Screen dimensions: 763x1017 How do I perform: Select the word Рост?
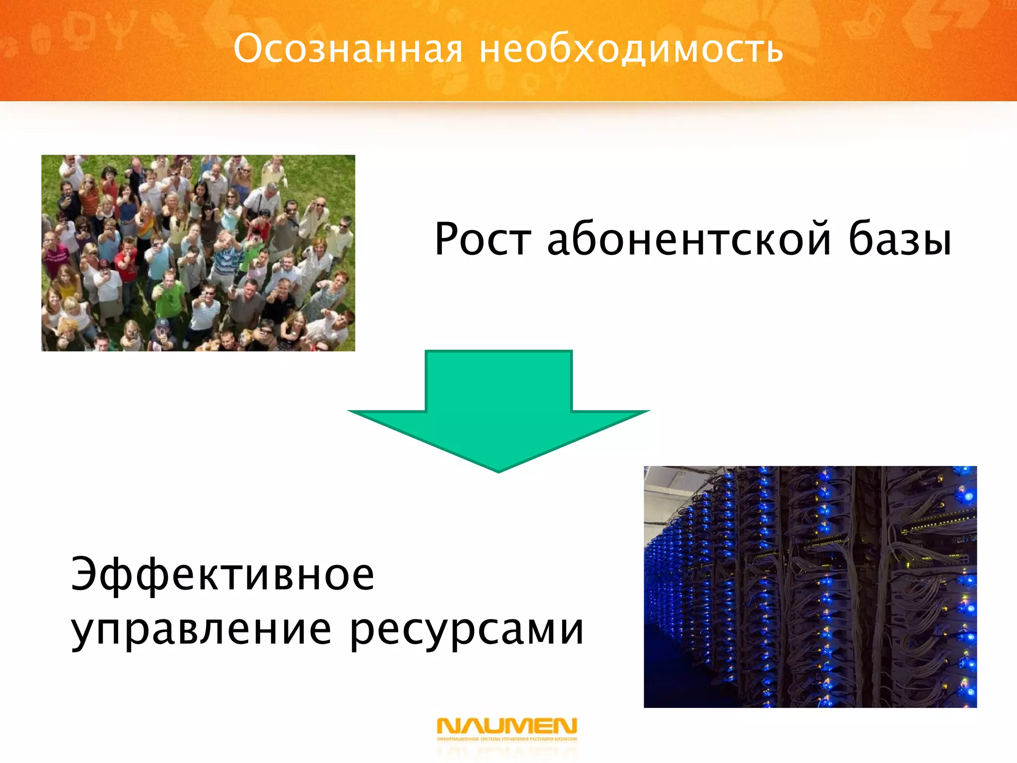coord(482,239)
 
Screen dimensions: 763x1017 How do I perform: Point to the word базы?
coord(900,239)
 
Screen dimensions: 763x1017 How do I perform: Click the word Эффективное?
coord(222,575)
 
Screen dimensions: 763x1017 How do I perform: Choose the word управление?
coord(201,631)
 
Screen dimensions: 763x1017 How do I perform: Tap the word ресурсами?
coord(467,631)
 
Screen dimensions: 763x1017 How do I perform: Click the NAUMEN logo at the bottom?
coord(507,726)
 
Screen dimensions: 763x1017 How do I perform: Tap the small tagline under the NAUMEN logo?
coord(507,739)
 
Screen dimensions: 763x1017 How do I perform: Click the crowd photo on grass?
coord(198,253)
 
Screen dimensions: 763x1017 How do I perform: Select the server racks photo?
coord(810,587)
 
